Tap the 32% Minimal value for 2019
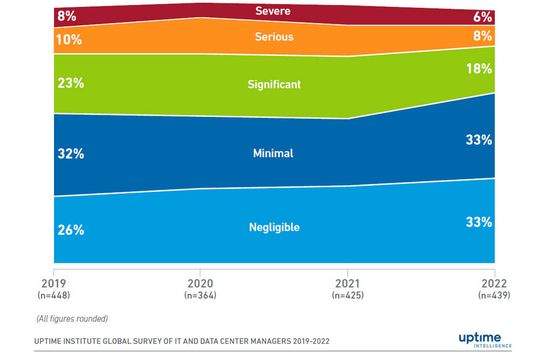pos(70,155)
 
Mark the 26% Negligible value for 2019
pos(70,229)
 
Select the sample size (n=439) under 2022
pos(493,296)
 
